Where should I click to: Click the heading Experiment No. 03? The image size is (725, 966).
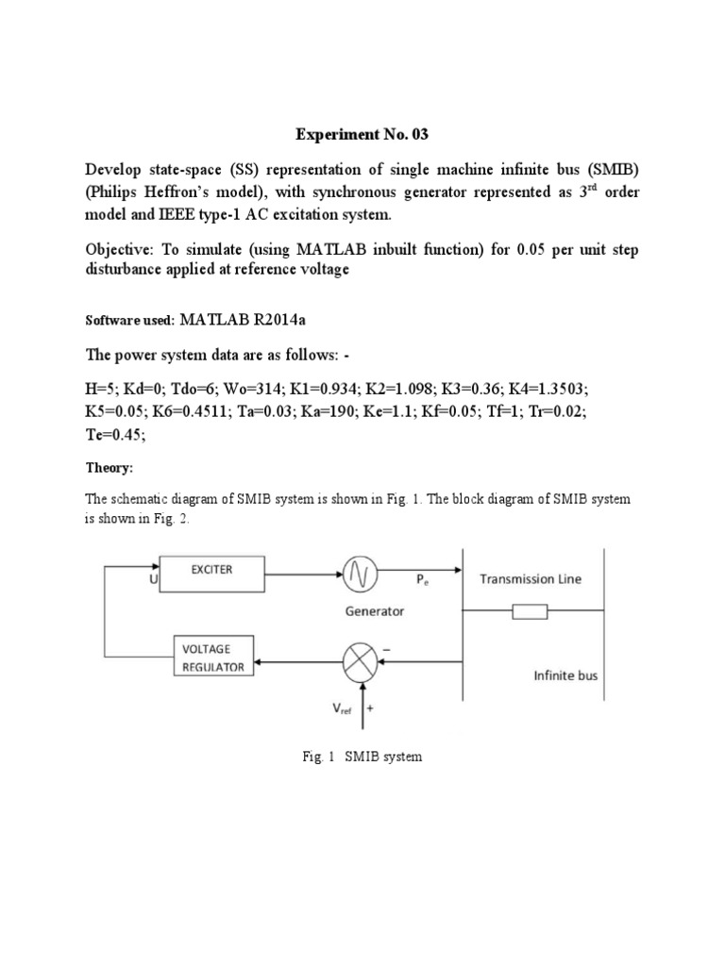(x=362, y=135)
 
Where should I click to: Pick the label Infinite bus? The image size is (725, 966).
(x=565, y=675)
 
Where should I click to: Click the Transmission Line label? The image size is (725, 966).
(x=530, y=579)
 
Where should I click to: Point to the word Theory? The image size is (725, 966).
(x=110, y=468)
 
